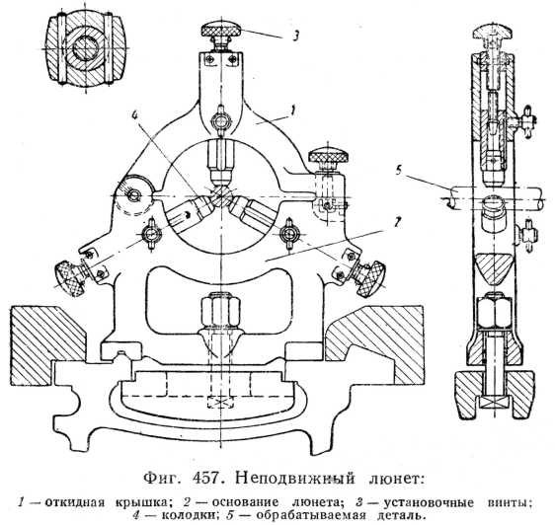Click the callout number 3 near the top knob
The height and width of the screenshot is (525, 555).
[x=296, y=36]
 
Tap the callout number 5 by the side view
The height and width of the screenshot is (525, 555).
[x=399, y=171]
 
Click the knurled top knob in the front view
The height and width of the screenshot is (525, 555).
[x=221, y=30]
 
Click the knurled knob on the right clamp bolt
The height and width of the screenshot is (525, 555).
[x=329, y=156]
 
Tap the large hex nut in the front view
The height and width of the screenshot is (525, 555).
[x=220, y=310]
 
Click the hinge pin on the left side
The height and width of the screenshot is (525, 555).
[x=133, y=195]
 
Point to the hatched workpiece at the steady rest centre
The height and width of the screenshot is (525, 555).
[x=221, y=195]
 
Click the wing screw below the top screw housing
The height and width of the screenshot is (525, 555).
[x=221, y=122]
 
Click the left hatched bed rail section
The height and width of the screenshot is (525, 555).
[x=48, y=346]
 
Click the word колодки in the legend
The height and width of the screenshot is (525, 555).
[x=191, y=515]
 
